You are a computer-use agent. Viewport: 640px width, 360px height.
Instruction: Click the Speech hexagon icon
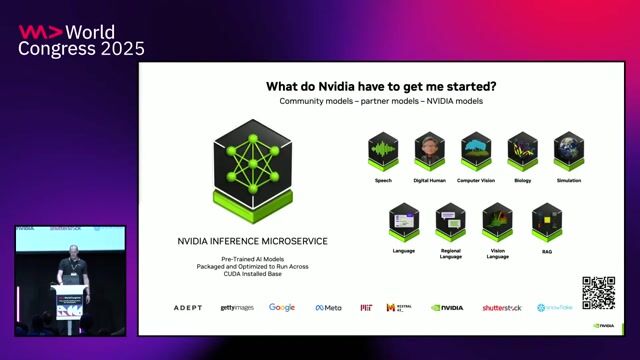pos(383,151)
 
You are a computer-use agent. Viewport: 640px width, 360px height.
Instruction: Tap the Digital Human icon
pos(429,151)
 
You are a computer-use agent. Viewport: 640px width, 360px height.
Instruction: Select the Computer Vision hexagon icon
pos(476,151)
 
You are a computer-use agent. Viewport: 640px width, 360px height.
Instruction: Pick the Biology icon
pos(522,151)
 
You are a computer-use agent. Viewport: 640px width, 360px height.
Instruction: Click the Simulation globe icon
pos(568,151)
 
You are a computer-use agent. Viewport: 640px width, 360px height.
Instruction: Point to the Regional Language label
pos(450,253)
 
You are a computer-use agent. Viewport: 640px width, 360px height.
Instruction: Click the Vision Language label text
pos(497,253)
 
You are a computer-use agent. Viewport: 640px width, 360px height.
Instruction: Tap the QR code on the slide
pos(598,292)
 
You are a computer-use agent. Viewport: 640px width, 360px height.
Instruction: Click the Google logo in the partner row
pos(281,307)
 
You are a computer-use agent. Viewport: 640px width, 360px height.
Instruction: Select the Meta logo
pos(328,308)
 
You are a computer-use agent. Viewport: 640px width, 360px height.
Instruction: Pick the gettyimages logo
pos(237,308)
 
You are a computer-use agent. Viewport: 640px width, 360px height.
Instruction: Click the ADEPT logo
pos(187,308)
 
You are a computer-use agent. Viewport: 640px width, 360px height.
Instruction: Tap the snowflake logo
pos(554,308)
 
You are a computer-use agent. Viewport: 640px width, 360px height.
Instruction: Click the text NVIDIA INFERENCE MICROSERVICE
pos(252,241)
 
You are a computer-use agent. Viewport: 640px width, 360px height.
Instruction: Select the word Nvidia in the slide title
pos(337,86)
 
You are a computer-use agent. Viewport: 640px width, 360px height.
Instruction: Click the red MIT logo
pos(366,308)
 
